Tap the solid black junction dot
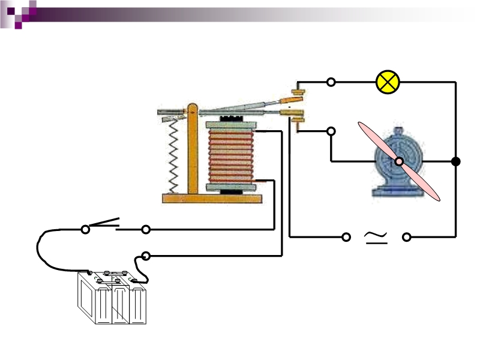click(456, 161)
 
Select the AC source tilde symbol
click(376, 238)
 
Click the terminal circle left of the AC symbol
click(346, 238)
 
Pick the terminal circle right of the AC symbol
click(407, 238)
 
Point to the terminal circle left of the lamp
click(331, 82)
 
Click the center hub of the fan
click(399, 161)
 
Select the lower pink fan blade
click(423, 183)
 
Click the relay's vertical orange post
click(193, 150)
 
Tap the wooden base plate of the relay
click(212, 199)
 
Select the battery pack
click(113, 299)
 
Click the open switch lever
click(106, 223)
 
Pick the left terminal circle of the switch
click(85, 229)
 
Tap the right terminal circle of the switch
click(145, 229)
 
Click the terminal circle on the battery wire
click(145, 256)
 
